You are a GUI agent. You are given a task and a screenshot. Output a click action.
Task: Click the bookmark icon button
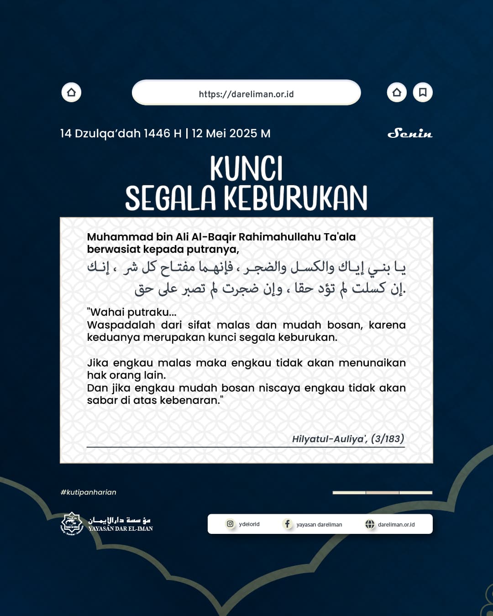(423, 93)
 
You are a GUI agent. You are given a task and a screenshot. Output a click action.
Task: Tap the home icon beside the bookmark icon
(397, 93)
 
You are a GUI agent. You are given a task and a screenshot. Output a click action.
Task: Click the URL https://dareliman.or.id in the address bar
(246, 94)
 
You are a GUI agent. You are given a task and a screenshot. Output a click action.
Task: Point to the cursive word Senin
(409, 133)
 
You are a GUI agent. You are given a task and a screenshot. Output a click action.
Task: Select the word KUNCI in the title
(246, 169)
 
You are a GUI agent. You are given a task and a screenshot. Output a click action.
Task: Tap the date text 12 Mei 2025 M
(231, 133)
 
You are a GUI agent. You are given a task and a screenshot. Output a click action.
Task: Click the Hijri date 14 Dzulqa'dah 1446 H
(121, 133)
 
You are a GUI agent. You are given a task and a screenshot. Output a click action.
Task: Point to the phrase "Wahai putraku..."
(131, 312)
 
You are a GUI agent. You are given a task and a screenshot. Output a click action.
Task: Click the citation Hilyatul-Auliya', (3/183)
(348, 439)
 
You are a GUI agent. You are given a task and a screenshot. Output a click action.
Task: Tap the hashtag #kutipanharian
(88, 492)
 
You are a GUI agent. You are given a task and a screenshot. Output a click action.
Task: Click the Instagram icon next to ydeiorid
(230, 524)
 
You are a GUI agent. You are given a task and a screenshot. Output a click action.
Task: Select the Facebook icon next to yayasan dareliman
(287, 524)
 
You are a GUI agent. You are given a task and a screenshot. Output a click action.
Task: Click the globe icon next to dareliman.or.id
(370, 524)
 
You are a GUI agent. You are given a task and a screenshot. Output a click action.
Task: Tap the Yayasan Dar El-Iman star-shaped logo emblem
(72, 524)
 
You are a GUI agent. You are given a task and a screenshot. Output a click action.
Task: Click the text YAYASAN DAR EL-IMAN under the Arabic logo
(121, 529)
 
